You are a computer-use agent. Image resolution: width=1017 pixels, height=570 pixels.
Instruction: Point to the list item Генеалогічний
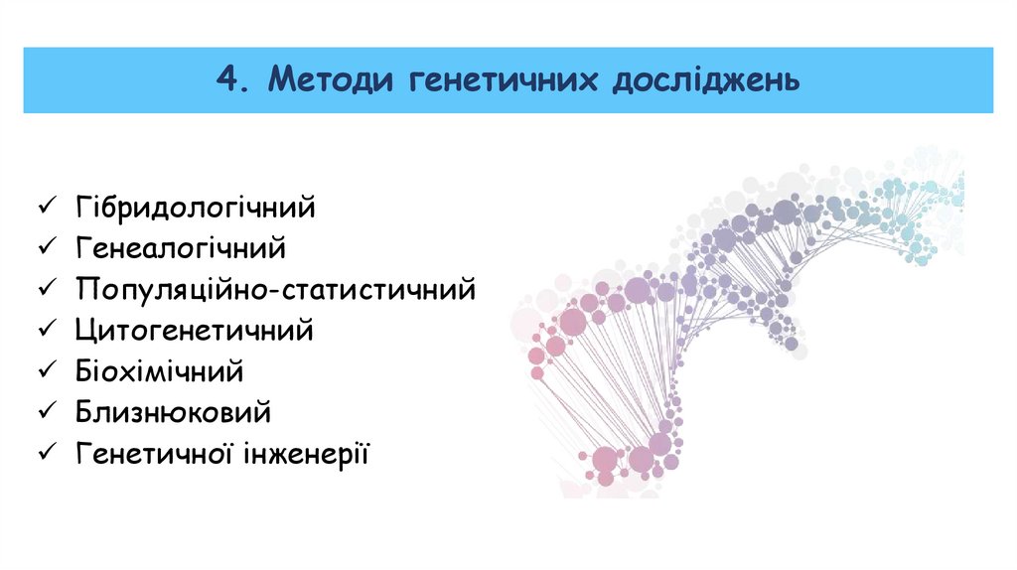[180, 248]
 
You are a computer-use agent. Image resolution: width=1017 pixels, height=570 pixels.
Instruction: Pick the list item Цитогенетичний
[194, 331]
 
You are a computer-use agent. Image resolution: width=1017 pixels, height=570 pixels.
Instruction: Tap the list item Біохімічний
[159, 371]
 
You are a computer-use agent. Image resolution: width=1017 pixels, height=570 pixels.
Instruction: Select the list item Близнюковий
[172, 412]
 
